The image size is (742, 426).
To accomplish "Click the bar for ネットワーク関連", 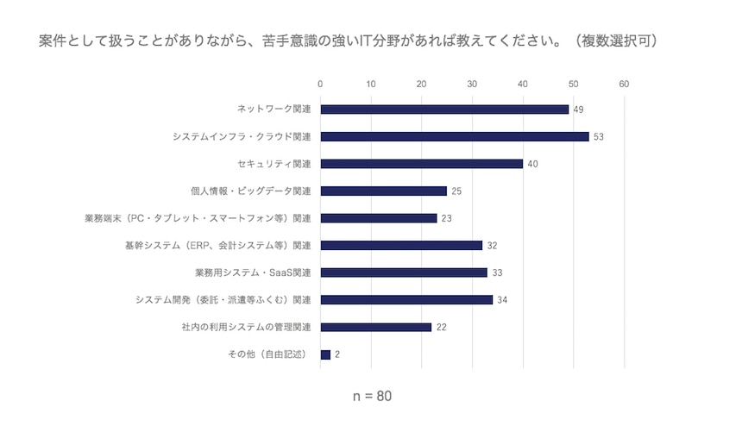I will (x=444, y=110).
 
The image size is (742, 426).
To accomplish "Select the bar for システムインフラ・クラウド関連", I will (x=455, y=136).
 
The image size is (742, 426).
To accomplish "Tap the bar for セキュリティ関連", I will (x=422, y=164).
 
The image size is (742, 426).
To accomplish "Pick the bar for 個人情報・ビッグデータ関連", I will (x=384, y=191).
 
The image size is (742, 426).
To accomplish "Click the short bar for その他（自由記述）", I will (x=325, y=354).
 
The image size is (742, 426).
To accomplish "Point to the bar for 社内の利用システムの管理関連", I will (x=376, y=327).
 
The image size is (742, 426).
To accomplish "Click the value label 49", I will (x=580, y=110).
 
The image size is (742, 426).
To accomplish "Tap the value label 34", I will (x=503, y=300).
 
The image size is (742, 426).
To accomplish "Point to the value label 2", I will (x=338, y=354).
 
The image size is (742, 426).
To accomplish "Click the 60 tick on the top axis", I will (x=625, y=85).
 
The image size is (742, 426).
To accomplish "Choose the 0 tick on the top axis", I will (x=320, y=85).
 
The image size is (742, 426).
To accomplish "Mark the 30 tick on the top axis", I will (x=473, y=85).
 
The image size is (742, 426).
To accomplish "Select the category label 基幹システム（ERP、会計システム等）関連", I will (x=218, y=245).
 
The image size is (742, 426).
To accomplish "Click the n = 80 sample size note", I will (x=373, y=398).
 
